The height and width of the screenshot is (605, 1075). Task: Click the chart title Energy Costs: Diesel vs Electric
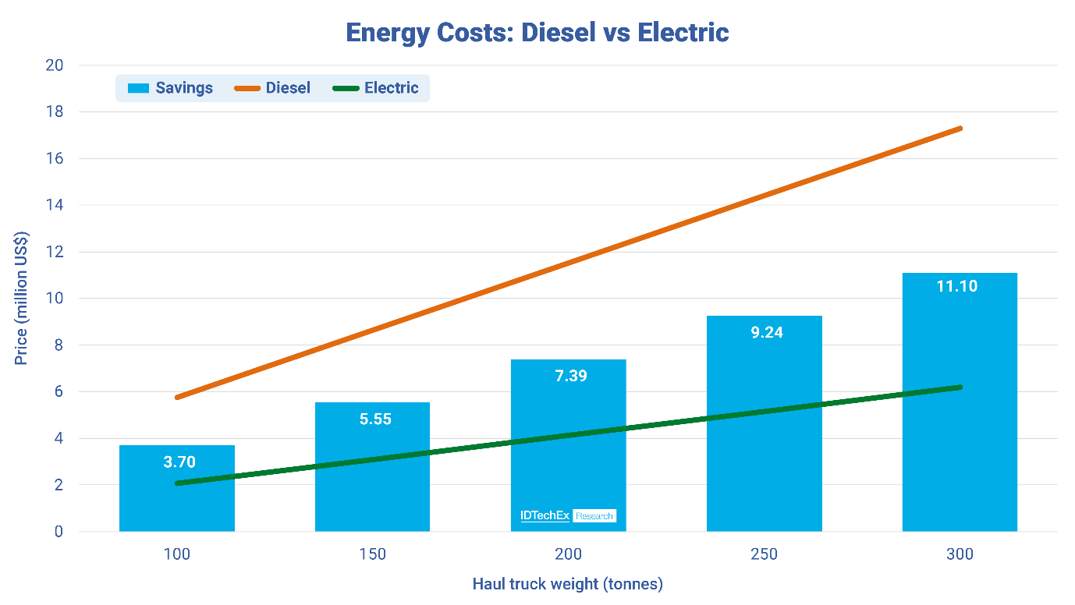pyautogui.click(x=537, y=33)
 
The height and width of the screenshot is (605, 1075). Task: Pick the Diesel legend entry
pyautogui.click(x=273, y=88)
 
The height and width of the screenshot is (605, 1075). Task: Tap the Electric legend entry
pyautogui.click(x=376, y=88)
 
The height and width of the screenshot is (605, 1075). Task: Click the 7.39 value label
pyautogui.click(x=568, y=376)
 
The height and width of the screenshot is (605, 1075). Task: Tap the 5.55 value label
pyautogui.click(x=372, y=419)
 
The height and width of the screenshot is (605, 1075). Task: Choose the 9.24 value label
pyautogui.click(x=764, y=332)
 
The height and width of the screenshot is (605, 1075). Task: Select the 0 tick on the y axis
pyautogui.click(x=58, y=532)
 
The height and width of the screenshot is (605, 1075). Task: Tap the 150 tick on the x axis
pyautogui.click(x=372, y=554)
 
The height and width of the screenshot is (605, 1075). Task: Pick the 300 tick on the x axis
pyautogui.click(x=960, y=554)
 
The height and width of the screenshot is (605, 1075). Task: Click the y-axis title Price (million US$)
pyautogui.click(x=22, y=299)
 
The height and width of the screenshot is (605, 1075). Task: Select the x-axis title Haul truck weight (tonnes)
pyautogui.click(x=567, y=584)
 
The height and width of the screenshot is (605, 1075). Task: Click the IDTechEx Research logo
pyautogui.click(x=568, y=515)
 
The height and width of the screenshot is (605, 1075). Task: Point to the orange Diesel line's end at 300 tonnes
pyautogui.click(x=960, y=128)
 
